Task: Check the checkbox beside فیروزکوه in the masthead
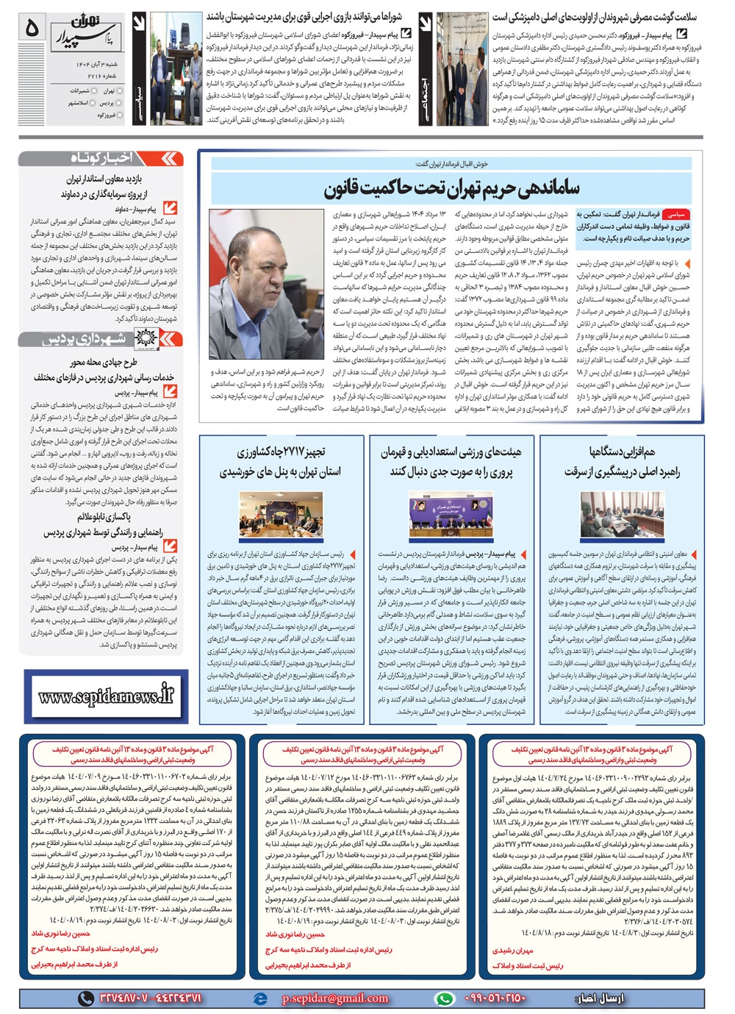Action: [x=121, y=115]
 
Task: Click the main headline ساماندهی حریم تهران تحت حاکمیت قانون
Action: [x=452, y=188]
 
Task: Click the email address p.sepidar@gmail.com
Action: [x=335, y=999]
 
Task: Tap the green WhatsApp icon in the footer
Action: [x=444, y=999]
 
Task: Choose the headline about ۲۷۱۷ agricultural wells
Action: [x=280, y=461]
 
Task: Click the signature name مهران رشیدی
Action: [x=513, y=951]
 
